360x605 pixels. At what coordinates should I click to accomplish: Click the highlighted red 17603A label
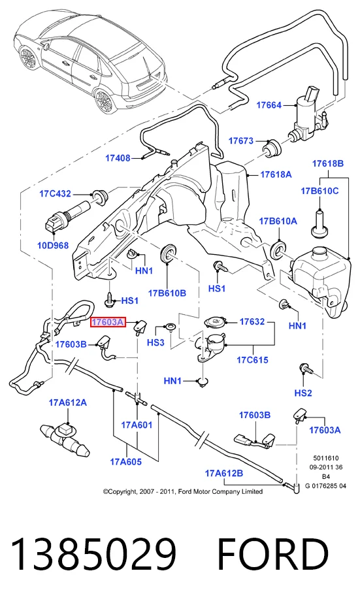click(108, 321)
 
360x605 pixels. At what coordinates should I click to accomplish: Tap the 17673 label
click(241, 141)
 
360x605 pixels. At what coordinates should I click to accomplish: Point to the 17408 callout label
click(118, 158)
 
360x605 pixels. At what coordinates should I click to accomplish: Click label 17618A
click(276, 174)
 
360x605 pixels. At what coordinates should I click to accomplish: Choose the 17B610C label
click(319, 191)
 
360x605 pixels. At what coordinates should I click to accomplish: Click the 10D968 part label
click(53, 245)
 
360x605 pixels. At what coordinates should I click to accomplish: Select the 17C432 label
click(55, 193)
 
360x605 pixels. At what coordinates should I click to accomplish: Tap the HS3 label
click(155, 342)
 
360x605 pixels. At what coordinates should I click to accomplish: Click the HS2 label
click(303, 393)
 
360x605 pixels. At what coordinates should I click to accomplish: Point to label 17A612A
click(67, 402)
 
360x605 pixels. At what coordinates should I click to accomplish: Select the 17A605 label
click(126, 461)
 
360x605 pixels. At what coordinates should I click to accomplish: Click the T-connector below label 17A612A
click(65, 438)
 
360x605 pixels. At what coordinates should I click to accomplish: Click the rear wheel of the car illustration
click(104, 101)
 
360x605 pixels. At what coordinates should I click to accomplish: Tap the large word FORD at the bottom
click(273, 555)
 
